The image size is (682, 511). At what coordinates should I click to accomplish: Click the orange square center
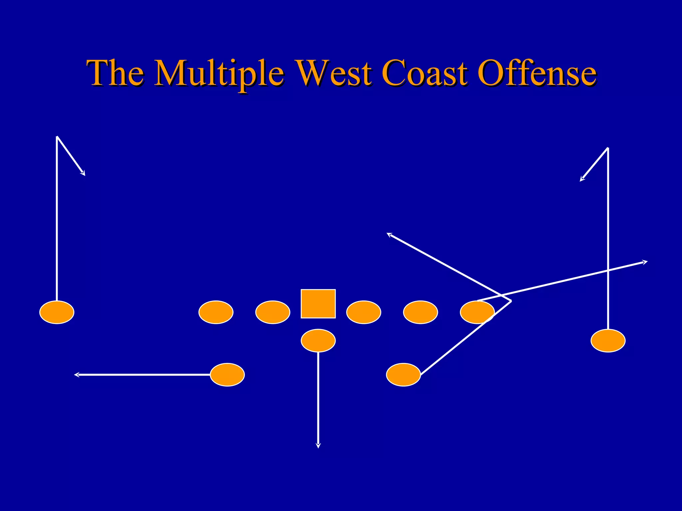pyautogui.click(x=318, y=304)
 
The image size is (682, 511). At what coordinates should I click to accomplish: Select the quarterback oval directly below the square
pyautogui.click(x=318, y=341)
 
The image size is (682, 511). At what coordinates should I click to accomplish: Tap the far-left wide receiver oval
pyautogui.click(x=57, y=312)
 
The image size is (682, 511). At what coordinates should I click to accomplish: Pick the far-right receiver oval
pyautogui.click(x=608, y=341)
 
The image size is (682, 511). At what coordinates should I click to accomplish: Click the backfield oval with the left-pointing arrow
pyautogui.click(x=227, y=375)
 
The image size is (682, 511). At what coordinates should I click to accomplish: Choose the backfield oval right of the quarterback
pyautogui.click(x=403, y=375)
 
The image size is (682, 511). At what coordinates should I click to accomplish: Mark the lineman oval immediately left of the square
pyautogui.click(x=273, y=312)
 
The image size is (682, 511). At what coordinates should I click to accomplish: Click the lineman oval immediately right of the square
pyautogui.click(x=364, y=312)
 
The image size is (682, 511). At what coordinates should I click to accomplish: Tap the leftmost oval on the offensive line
pyautogui.click(x=216, y=312)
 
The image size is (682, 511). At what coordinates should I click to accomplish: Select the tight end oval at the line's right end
pyautogui.click(x=477, y=312)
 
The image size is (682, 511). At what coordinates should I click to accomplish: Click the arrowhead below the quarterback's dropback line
pyautogui.click(x=318, y=446)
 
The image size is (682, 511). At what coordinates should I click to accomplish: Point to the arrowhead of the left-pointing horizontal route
pyautogui.click(x=76, y=375)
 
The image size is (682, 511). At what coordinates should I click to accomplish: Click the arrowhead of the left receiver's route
pyautogui.click(x=83, y=173)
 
